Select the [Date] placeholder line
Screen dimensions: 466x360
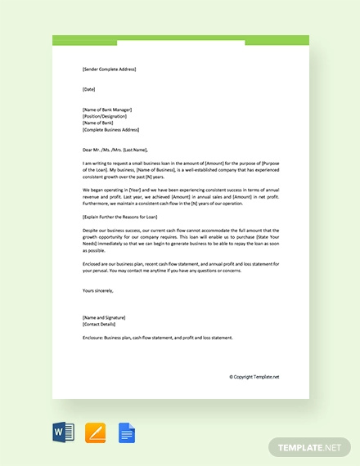coord(89,89)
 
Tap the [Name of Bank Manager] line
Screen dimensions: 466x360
coord(107,110)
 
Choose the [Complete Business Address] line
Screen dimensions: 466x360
coord(112,129)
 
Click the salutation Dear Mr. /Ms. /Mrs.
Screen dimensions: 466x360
coord(115,150)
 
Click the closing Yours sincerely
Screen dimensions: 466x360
coord(98,290)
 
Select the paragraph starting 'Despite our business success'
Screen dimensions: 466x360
coord(180,240)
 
